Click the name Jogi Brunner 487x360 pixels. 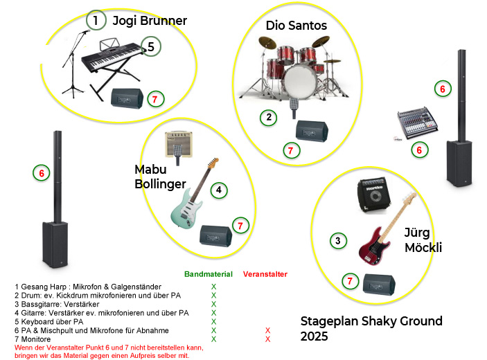click(150, 21)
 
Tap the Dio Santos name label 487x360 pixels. click(296, 26)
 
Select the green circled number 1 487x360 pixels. click(96, 21)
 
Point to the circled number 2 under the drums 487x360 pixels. click(268, 117)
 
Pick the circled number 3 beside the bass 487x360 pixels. click(337, 241)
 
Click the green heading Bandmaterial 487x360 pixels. click(209, 274)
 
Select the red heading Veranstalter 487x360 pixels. click(265, 274)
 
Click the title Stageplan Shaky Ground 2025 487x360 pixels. click(371, 328)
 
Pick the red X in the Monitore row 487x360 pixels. click(267, 339)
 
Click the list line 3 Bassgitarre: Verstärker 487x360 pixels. click(57, 304)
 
